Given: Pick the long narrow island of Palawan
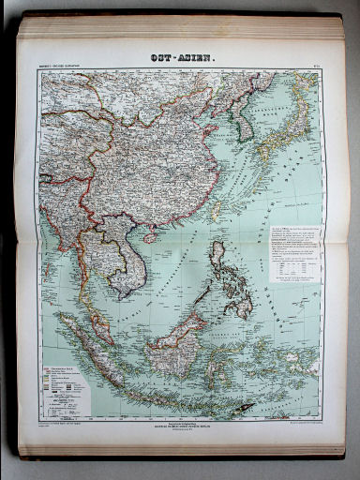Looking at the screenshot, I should point(196,296).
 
